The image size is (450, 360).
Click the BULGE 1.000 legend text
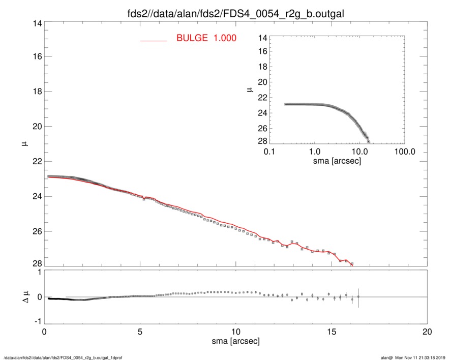click(x=206, y=38)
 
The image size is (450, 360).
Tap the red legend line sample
click(x=154, y=40)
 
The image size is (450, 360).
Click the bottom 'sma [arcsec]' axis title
click(x=235, y=341)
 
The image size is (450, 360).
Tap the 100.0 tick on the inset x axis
click(x=405, y=152)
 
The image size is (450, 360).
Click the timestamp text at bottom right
click(x=416, y=357)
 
